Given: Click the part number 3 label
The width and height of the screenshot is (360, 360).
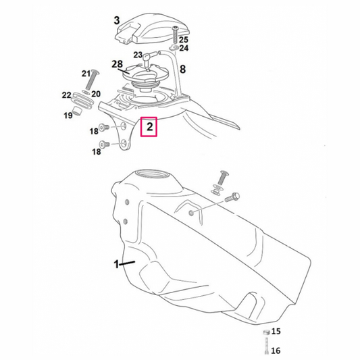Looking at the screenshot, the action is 117,20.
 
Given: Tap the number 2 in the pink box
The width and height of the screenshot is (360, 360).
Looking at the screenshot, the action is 149,126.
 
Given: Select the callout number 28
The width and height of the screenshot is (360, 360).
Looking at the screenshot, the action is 117,64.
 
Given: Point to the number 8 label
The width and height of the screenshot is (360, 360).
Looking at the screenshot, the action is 182,69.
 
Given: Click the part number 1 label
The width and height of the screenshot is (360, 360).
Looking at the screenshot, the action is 117,264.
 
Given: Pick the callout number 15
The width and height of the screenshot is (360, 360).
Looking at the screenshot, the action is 276,332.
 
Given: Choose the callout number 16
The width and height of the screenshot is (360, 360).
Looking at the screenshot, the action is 276,351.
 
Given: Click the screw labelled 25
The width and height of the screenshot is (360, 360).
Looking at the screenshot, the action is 176,35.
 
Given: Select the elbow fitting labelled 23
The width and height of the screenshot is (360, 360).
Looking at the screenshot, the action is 149,57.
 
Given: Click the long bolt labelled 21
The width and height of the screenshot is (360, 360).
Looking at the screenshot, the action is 91,80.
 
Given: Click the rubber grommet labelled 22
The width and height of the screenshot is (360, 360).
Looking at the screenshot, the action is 82,101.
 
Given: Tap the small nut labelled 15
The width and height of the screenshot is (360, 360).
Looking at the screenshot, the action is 266,332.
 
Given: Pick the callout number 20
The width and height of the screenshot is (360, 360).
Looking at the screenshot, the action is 96,94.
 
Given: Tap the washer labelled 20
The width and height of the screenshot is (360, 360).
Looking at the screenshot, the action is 86,93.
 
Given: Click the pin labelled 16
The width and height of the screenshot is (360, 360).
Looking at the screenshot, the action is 266,346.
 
